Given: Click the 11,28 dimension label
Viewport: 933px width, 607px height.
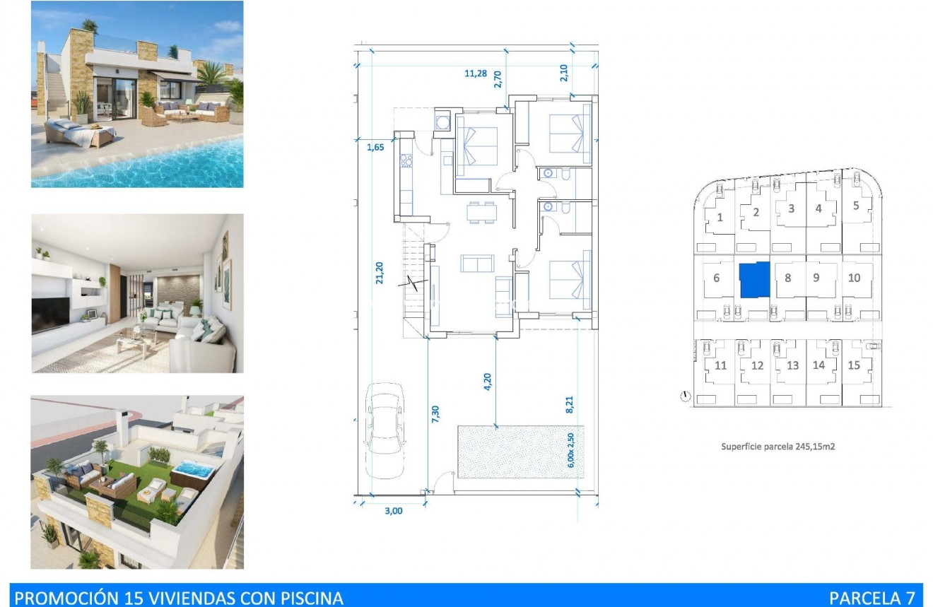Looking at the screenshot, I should [476, 73].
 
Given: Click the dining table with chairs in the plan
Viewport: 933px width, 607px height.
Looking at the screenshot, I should [481, 212].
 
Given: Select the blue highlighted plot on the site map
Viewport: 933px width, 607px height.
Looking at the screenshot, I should [753, 280].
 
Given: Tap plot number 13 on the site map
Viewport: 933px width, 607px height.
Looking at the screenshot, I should [792, 365].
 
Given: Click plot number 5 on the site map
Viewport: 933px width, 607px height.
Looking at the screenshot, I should [855, 206].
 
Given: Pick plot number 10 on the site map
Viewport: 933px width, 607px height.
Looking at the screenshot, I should [854, 278].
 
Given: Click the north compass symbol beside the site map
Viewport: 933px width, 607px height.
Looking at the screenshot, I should [684, 396].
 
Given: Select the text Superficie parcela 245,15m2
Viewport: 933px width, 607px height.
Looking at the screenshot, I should [777, 447].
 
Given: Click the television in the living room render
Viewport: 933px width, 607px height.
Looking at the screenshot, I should [51, 314].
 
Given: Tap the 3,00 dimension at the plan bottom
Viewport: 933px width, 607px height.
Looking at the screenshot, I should [394, 511].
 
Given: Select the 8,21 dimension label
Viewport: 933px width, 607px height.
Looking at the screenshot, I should [570, 404].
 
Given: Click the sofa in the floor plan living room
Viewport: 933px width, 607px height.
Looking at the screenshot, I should [477, 264].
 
